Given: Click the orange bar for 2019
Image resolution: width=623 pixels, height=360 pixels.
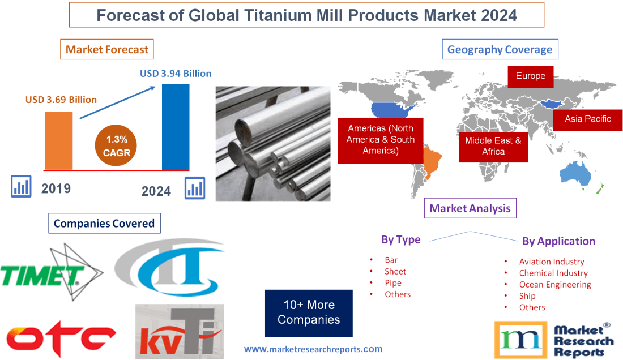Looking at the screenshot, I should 59,140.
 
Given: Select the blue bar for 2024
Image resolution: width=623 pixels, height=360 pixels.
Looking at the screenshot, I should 176,126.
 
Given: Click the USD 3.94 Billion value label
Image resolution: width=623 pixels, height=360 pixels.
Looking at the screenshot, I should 176,74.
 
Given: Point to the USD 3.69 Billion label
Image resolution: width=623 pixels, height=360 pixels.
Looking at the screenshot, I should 61,100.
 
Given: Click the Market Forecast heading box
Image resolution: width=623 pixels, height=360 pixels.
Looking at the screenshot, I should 107,49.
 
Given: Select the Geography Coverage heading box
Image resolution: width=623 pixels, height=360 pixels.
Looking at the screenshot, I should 500,49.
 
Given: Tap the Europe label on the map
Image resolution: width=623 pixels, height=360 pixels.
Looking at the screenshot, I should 530,76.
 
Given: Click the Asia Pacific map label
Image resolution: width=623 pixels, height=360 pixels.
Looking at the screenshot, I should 587,119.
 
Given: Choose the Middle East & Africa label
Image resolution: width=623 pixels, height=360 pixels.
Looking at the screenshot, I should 493,146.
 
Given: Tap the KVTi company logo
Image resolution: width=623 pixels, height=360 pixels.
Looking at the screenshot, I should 180,332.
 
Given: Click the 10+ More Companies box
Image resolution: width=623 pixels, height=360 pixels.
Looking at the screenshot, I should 309,312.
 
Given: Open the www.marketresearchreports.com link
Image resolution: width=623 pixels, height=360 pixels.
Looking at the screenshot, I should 313,349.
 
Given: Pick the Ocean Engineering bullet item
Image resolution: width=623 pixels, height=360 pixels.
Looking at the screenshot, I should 554,285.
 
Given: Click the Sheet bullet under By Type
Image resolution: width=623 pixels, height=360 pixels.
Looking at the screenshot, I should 395,272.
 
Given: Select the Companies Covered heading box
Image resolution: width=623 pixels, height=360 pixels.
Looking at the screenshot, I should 104,223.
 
